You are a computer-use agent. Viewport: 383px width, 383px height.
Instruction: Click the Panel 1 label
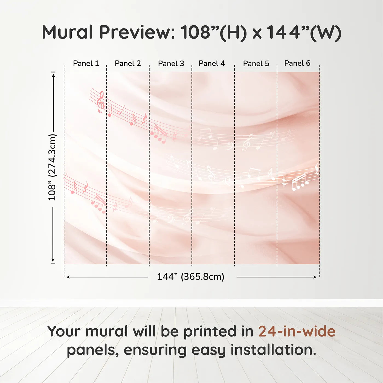[x=86, y=63]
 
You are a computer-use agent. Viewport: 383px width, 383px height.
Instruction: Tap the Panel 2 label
[x=128, y=63]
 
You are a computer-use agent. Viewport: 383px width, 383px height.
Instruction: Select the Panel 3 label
[x=171, y=63]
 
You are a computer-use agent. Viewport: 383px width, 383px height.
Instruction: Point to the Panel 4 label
[x=212, y=63]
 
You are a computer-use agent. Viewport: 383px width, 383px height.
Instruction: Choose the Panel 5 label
[x=256, y=63]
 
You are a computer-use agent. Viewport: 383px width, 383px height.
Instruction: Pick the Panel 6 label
[x=297, y=63]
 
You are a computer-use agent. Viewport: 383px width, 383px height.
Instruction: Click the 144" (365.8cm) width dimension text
[x=191, y=277]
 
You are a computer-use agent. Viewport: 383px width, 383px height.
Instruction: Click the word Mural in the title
[x=67, y=32]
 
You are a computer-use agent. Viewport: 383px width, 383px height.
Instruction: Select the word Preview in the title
[x=137, y=32]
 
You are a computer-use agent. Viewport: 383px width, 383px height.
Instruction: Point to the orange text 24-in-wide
[x=297, y=331]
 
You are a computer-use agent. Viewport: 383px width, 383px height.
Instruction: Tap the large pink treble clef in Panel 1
[x=101, y=102]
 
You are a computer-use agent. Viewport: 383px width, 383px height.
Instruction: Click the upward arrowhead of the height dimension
[x=53, y=76]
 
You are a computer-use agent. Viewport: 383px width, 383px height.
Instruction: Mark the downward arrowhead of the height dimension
[x=53, y=260]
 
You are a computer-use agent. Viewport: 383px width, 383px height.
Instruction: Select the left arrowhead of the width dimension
[x=68, y=277]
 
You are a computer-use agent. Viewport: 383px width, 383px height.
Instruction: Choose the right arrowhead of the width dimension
[x=315, y=277]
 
